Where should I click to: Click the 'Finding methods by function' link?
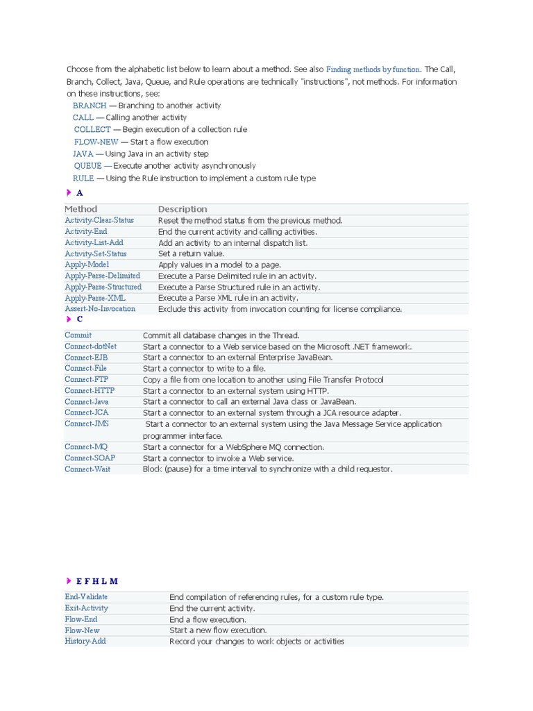[373, 69]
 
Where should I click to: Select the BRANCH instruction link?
[90, 106]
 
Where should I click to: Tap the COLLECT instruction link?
[92, 130]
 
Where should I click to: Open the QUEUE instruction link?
[87, 166]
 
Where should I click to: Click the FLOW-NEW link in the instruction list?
[96, 142]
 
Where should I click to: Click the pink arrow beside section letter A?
[69, 192]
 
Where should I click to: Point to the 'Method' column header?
[81, 209]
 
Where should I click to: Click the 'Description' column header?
[183, 209]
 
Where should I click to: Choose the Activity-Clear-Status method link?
[99, 220]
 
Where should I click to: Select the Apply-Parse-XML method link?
[94, 298]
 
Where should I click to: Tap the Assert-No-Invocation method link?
[100, 309]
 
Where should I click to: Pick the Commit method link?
[78, 335]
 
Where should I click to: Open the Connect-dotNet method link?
[90, 346]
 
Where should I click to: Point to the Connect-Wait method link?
[87, 469]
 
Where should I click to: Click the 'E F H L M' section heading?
[97, 581]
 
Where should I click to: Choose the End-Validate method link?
[86, 597]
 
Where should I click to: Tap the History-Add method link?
[85, 642]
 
